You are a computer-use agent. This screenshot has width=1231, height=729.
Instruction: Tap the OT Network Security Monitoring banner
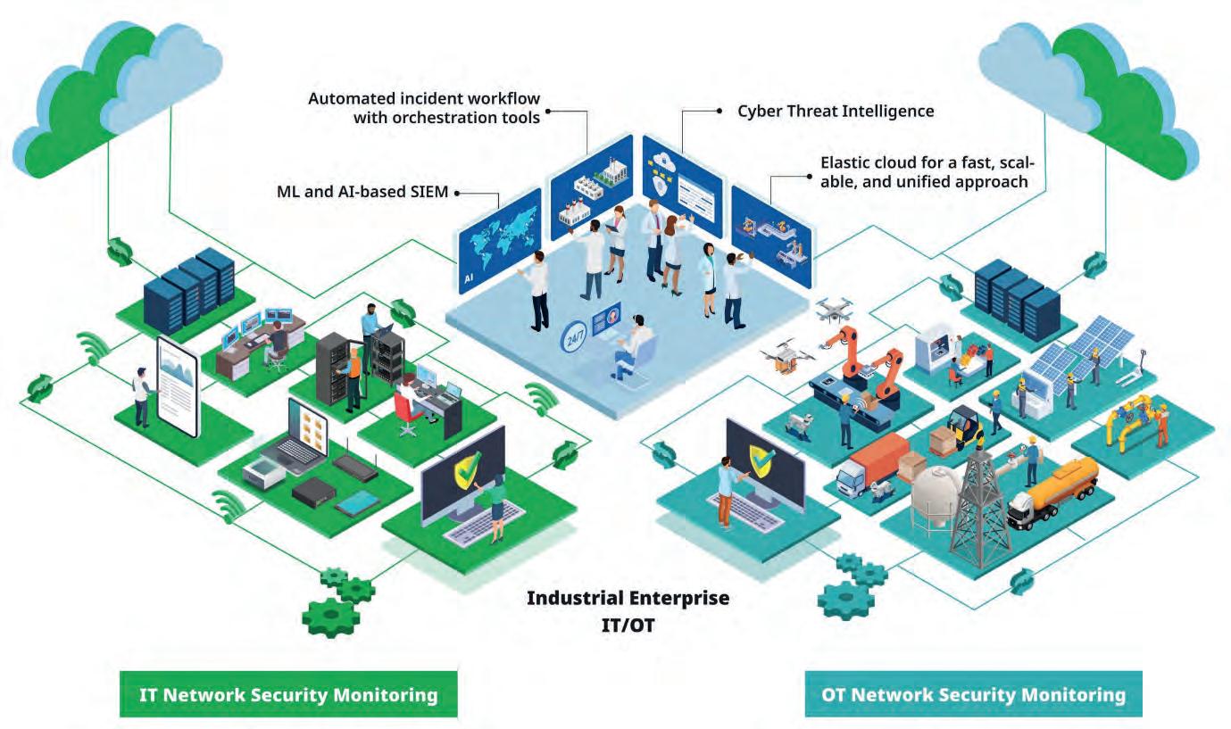pos(973,694)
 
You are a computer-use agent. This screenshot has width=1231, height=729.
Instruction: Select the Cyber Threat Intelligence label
pos(836,112)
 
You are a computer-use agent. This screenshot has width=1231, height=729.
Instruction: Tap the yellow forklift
pos(964,428)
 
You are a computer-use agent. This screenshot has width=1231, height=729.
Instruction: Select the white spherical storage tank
pos(936,494)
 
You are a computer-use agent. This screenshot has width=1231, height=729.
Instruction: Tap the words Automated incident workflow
pos(424,97)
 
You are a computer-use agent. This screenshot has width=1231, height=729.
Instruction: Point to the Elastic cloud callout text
pos(927,172)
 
